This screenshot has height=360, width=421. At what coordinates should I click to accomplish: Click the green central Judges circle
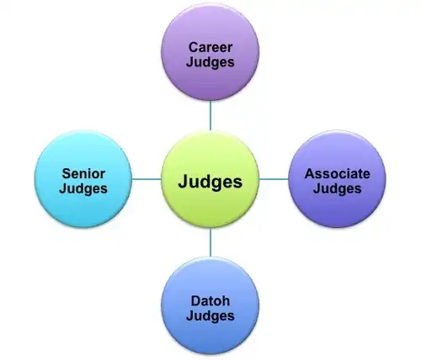[210, 180]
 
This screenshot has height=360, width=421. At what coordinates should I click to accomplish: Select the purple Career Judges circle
[210, 52]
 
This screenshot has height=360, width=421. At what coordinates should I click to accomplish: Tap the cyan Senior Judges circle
[83, 179]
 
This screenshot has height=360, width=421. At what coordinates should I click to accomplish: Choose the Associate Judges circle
[337, 179]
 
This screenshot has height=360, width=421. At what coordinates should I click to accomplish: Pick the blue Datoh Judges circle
[210, 306]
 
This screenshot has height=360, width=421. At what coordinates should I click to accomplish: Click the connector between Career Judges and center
[210, 116]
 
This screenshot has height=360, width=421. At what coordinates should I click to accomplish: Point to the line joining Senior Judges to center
[147, 179]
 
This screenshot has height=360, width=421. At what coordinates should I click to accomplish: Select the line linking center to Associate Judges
[274, 179]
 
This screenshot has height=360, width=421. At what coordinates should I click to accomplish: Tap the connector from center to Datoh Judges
[210, 243]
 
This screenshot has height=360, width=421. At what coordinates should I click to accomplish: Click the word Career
[210, 47]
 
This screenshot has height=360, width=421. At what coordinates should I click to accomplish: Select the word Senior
[83, 174]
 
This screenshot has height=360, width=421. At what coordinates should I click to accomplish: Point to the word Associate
[337, 174]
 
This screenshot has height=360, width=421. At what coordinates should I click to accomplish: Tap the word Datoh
[210, 301]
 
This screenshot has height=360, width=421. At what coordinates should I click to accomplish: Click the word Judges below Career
[210, 62]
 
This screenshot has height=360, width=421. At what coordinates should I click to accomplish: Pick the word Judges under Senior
[83, 188]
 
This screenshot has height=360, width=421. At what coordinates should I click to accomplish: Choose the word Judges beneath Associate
[337, 188]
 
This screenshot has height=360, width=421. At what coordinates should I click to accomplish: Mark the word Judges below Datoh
[210, 316]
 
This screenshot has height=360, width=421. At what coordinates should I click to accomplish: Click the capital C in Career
[194, 47]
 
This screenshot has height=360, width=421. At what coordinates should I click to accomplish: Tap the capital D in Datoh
[196, 301]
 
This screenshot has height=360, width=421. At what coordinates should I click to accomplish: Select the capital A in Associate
[310, 174]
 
